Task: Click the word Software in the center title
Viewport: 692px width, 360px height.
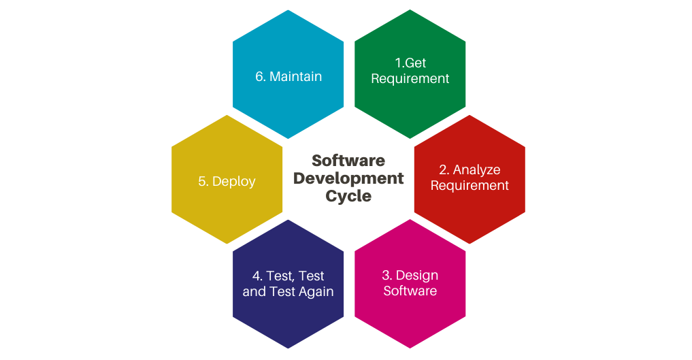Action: [x=348, y=161]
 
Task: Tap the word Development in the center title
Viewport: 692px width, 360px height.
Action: [x=348, y=178]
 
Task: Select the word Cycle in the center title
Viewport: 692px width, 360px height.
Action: [x=348, y=196]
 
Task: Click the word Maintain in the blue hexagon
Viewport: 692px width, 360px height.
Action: [x=296, y=76]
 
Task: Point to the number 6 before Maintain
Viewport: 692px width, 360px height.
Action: [x=259, y=77]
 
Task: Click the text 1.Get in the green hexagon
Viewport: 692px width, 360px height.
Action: [x=410, y=63]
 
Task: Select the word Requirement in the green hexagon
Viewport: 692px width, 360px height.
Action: [x=410, y=78]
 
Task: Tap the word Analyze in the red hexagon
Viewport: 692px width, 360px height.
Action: [x=476, y=170]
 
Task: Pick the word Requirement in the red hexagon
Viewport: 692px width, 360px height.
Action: [x=469, y=185]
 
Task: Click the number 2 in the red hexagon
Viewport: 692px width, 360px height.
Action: [x=443, y=170]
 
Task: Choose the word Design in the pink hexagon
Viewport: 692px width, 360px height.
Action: [x=417, y=276]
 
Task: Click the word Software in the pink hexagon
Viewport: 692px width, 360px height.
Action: [x=410, y=291]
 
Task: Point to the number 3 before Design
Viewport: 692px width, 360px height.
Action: [x=386, y=276]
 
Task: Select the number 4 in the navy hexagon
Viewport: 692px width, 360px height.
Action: [x=256, y=276]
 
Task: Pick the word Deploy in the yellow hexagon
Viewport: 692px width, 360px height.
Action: [x=233, y=182]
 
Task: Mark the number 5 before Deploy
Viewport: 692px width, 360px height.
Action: [x=201, y=181]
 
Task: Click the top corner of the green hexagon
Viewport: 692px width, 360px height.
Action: [x=410, y=10]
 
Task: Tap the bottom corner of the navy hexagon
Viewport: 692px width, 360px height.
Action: [x=289, y=348]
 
